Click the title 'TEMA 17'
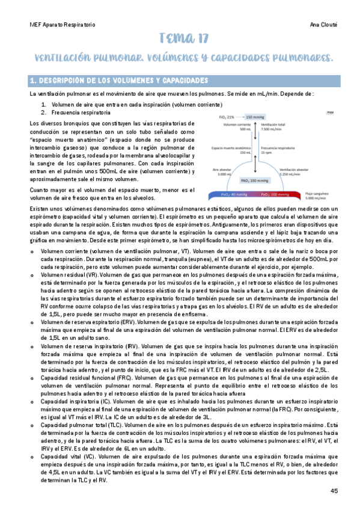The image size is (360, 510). [x=183, y=40]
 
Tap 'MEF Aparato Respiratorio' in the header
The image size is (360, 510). [x=63, y=26]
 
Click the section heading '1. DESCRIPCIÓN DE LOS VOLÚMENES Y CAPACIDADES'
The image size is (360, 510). [x=119, y=81]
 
